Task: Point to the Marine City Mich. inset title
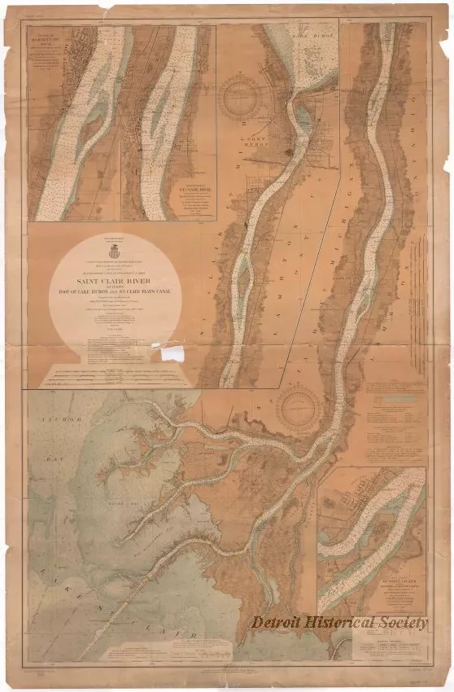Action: click(x=48, y=38)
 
